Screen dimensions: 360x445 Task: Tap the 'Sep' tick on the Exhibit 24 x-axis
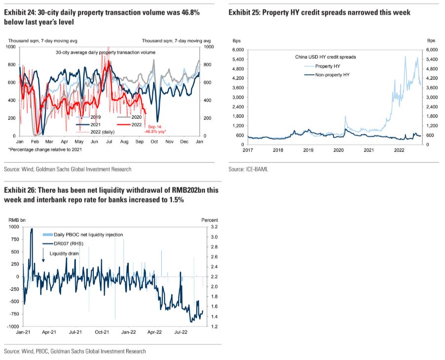tap(139, 142)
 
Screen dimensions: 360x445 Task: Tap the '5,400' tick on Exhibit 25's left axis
tap(237, 59)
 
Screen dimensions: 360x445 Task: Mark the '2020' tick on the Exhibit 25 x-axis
tap(338, 150)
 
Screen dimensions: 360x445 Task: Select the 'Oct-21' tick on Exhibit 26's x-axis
tap(102, 332)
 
